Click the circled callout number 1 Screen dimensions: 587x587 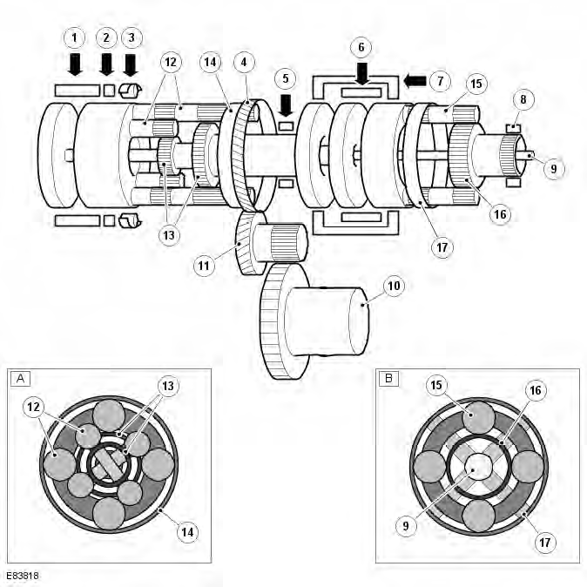pos(74,37)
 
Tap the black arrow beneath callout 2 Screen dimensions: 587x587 pos(107,64)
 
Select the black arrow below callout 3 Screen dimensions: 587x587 pos(131,65)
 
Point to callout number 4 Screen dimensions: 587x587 pos(244,62)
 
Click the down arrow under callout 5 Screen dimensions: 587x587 pos(286,105)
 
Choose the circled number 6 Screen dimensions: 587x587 pos(361,47)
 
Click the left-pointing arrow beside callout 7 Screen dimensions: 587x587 pos(415,81)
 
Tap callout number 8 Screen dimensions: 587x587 pos(523,99)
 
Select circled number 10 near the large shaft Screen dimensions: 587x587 pos(394,287)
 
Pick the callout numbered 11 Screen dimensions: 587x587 pos(204,266)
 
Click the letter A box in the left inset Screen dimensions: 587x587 pos(21,379)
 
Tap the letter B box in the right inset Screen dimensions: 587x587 pos(388,379)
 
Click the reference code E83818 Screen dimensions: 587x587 pos(23,576)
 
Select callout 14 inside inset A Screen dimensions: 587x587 pos(187,532)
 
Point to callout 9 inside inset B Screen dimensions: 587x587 pos(406,526)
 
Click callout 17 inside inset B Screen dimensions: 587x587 pos(544,543)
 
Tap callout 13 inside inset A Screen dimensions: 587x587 pos(168,386)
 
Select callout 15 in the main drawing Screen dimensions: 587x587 pos(476,84)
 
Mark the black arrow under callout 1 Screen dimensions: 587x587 pos(75,64)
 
